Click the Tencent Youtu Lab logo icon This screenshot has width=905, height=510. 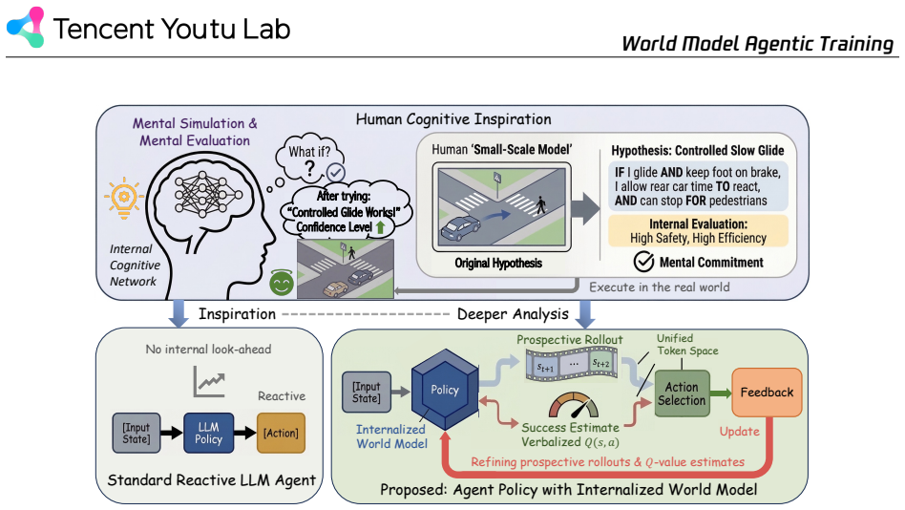[x=26, y=27]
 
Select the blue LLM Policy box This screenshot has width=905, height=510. [x=208, y=434]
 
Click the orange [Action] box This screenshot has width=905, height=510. [x=281, y=434]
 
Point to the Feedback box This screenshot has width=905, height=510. [x=767, y=393]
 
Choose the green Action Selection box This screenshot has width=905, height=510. [x=682, y=393]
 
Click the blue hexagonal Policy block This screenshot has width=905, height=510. [x=445, y=390]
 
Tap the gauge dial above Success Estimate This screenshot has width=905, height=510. [x=573, y=405]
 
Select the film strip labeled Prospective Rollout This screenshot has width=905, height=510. [x=572, y=365]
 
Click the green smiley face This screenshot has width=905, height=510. [x=282, y=283]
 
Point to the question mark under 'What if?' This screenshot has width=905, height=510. [x=310, y=169]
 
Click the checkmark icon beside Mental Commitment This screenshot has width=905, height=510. [x=643, y=262]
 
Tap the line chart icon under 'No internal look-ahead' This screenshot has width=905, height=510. [x=208, y=382]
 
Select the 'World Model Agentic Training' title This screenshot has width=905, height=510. [x=757, y=43]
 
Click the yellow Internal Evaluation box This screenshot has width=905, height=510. [x=698, y=231]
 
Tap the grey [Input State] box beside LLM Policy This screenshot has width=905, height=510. [x=137, y=434]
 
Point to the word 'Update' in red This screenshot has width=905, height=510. [x=739, y=432]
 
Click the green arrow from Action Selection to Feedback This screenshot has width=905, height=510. [x=721, y=393]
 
